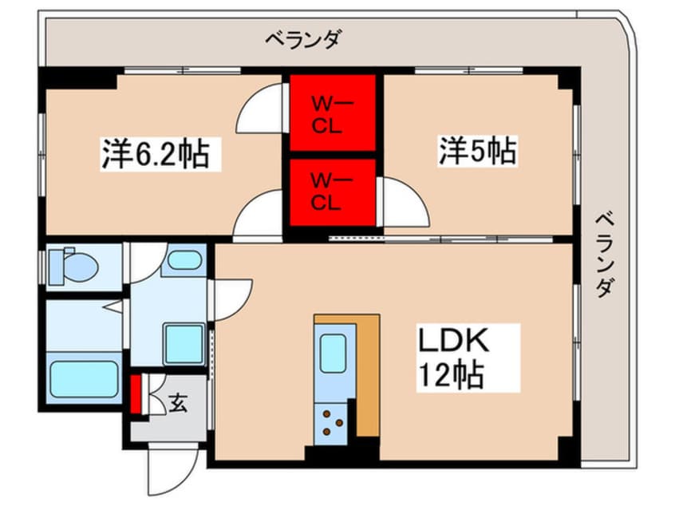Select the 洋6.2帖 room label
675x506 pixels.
pos(155,153)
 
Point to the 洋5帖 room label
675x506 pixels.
pos(477,151)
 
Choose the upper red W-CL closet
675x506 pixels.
pos(332,113)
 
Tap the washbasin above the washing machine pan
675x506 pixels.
pos(184,260)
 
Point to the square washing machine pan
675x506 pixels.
pos(184,343)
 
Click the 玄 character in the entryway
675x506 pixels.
pos(177,404)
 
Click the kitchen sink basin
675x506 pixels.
pos(333,352)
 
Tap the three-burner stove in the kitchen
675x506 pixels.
pos(331,423)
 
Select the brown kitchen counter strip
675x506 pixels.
pos(367,375)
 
